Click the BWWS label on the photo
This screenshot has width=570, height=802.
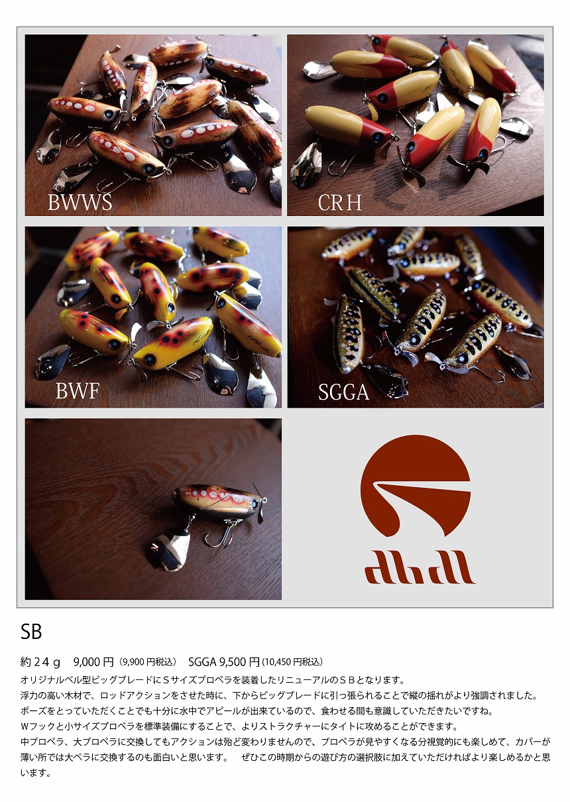tap(80, 202)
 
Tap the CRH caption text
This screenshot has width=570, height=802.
tap(340, 202)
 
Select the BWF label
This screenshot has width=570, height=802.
tap(77, 392)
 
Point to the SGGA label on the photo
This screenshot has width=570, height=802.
tap(343, 392)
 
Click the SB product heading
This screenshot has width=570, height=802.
tap(31, 632)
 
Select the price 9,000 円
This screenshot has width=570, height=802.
tap(93, 661)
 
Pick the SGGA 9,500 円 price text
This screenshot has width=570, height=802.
tap(224, 661)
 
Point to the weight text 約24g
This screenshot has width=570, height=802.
tap(41, 661)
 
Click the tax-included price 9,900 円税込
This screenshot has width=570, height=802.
tap(148, 662)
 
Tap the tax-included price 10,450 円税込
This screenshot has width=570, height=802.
tap(292, 662)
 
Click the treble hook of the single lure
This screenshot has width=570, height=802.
tap(219, 534)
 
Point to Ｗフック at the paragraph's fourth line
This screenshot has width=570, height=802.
tap(39, 726)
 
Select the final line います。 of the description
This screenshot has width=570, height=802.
tap(36, 773)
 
